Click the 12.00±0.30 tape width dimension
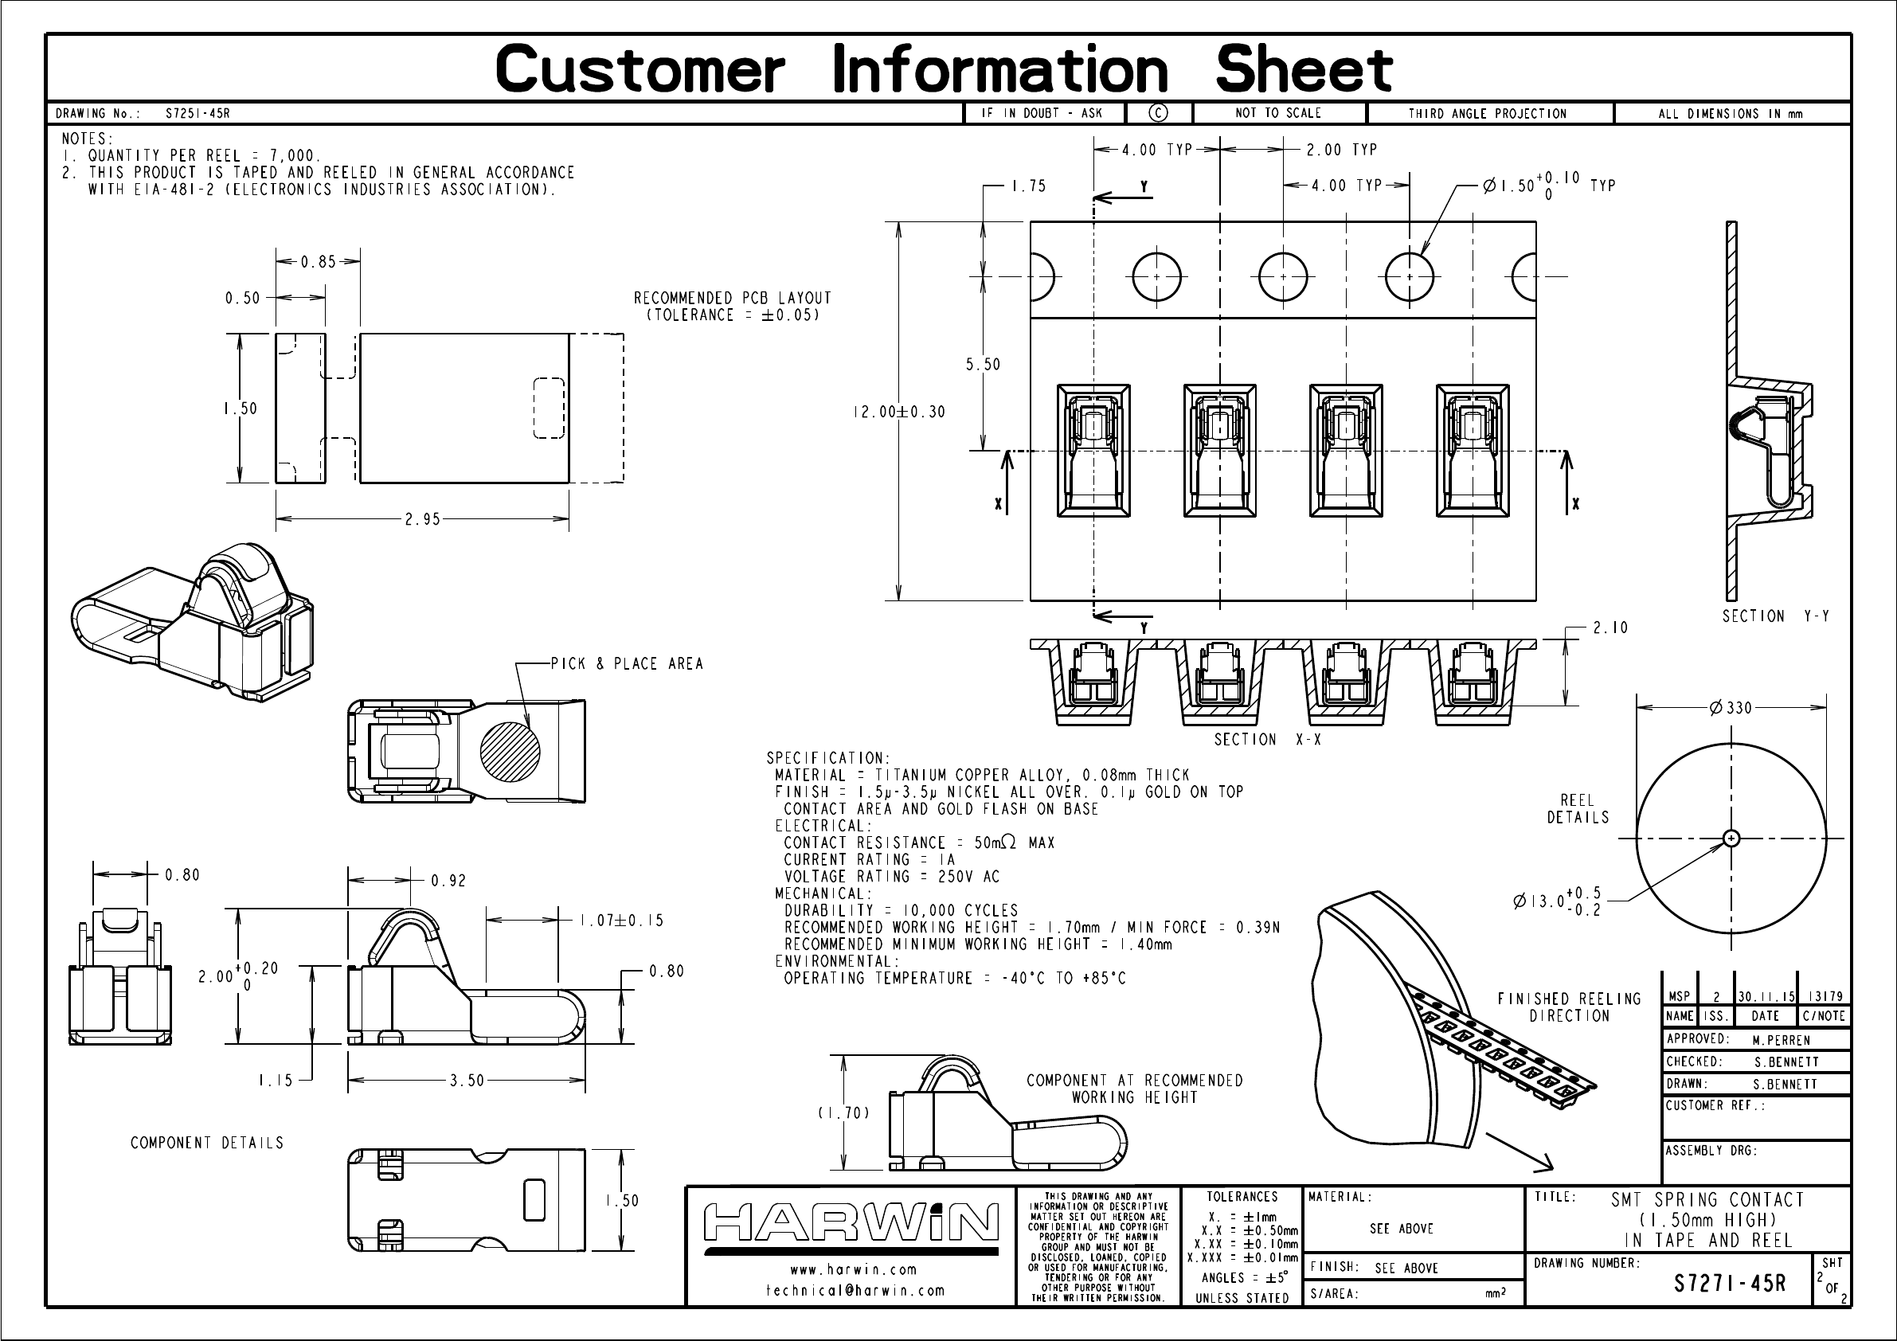[899, 412]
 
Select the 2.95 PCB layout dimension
[422, 519]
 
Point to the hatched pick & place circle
[510, 751]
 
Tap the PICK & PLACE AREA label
[627, 663]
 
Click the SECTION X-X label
[1267, 740]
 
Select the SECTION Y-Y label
[1775, 616]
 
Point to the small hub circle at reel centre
[1732, 839]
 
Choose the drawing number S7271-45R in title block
[1729, 1283]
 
